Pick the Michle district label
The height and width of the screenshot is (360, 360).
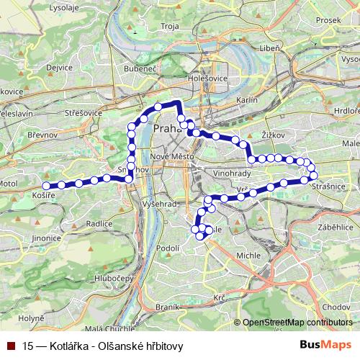[x=247, y=256]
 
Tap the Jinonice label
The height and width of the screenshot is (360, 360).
[x=46, y=236]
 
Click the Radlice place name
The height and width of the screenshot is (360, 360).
[x=98, y=223]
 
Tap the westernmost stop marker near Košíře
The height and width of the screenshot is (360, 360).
[x=47, y=186]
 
